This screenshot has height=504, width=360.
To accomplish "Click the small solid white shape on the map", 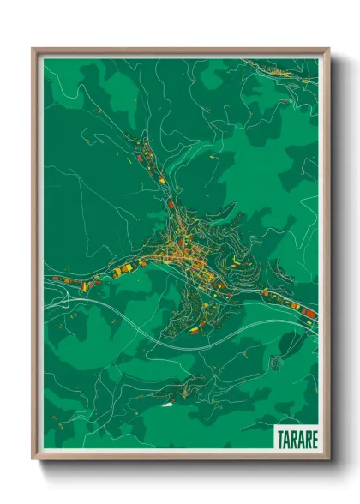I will coord(165,402).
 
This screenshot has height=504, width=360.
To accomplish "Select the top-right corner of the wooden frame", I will coord(328,50).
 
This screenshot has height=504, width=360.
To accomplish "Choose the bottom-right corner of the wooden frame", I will coord(328,459).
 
